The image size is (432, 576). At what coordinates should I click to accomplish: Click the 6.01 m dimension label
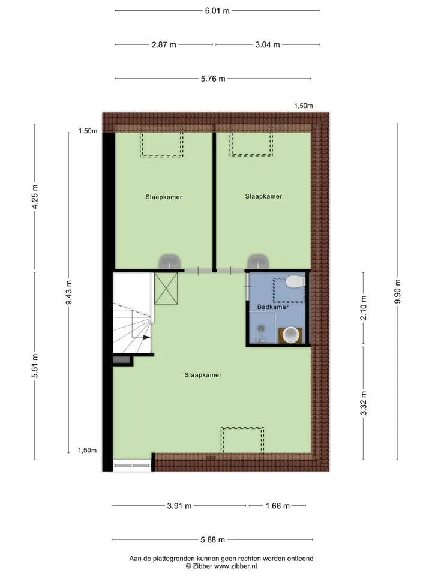coord(217,11)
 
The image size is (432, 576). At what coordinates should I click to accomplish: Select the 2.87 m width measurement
coord(164,45)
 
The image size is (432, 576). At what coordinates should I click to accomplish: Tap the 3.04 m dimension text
coord(268,45)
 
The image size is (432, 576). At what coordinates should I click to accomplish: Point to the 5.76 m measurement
coord(213,79)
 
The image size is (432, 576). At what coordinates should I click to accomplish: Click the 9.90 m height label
coord(397,292)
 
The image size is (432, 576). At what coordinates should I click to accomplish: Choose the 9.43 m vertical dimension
coord(68,292)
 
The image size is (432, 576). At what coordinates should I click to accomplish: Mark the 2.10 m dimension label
coord(364,308)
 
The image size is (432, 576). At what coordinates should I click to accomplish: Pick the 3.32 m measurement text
coord(364,403)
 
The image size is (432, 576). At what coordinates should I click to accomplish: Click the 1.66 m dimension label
coord(278,506)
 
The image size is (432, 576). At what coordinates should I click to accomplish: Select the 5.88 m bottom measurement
coord(212,539)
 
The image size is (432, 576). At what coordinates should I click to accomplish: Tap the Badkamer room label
coord(273,307)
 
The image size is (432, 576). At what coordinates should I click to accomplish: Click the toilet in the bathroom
coord(296,282)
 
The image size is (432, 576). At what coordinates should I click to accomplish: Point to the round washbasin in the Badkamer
coord(292,335)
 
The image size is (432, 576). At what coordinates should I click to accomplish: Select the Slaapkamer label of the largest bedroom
coord(203,375)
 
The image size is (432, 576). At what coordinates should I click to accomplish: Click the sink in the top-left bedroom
coord(169,262)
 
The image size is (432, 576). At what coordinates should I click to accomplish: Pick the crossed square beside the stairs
coord(166,289)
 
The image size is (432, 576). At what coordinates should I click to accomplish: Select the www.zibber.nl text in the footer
coord(235,566)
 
